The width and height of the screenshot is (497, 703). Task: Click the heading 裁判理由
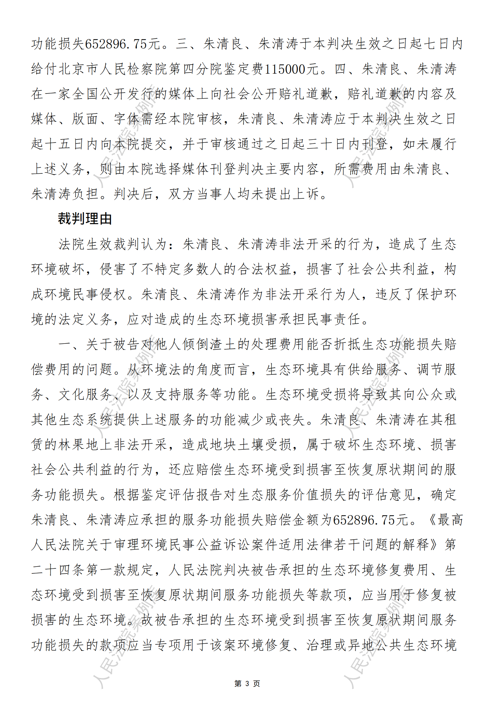point(85,219)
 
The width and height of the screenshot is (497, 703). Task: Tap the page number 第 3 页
point(247,683)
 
